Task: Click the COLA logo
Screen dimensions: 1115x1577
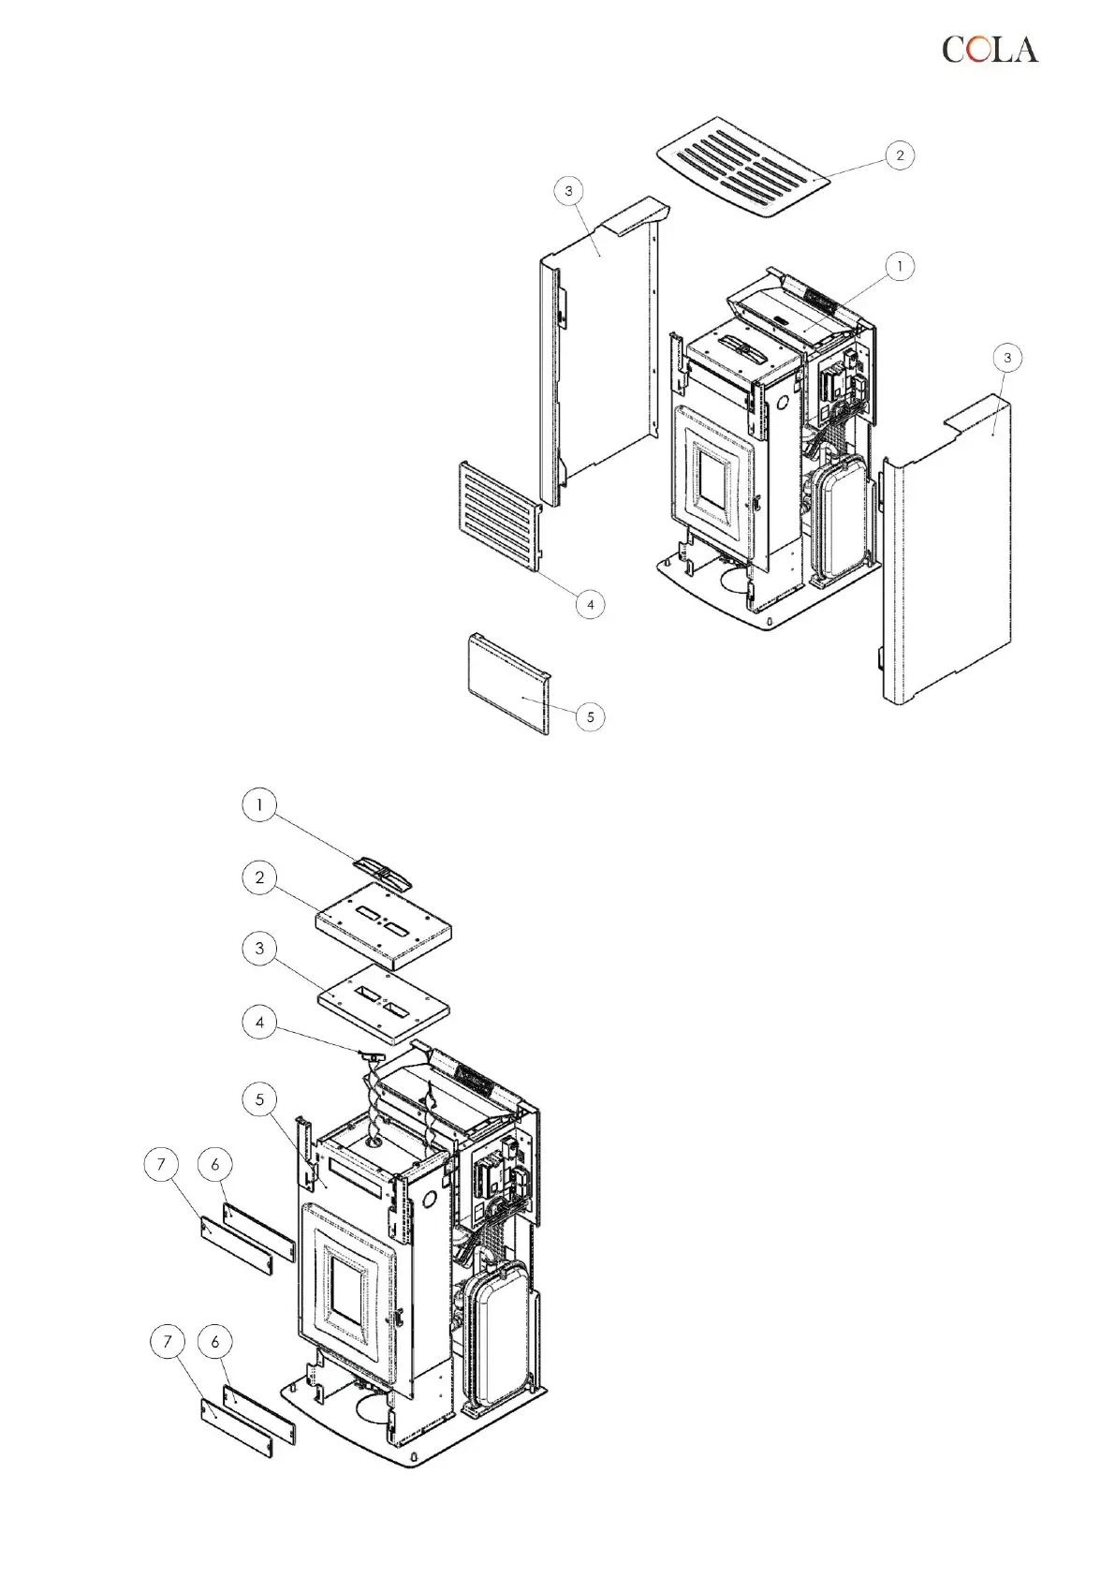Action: pyautogui.click(x=990, y=50)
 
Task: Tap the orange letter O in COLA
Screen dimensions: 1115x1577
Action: pyautogui.click(x=977, y=50)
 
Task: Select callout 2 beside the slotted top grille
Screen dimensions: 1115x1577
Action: pyautogui.click(x=900, y=155)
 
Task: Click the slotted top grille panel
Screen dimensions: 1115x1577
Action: pyautogui.click(x=744, y=166)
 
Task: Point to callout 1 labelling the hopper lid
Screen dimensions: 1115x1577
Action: pyautogui.click(x=900, y=267)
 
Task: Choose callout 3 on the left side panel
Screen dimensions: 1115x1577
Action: pyautogui.click(x=568, y=192)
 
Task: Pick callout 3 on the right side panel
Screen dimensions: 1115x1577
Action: pyautogui.click(x=1006, y=358)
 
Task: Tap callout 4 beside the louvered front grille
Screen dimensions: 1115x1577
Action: pyautogui.click(x=590, y=605)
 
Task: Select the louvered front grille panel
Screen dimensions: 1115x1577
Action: pyautogui.click(x=498, y=516)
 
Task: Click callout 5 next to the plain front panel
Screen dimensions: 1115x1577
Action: pyautogui.click(x=590, y=717)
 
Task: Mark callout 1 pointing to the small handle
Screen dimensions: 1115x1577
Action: pyautogui.click(x=259, y=805)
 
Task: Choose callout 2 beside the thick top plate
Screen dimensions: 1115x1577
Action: pyautogui.click(x=259, y=878)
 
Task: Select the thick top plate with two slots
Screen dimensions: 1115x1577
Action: pyautogui.click(x=383, y=927)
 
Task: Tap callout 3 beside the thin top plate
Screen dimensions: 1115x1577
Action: pyautogui.click(x=259, y=949)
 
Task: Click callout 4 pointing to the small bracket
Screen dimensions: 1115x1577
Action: pyautogui.click(x=259, y=1022)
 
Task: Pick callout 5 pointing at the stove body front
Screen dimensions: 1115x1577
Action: pyautogui.click(x=259, y=1099)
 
